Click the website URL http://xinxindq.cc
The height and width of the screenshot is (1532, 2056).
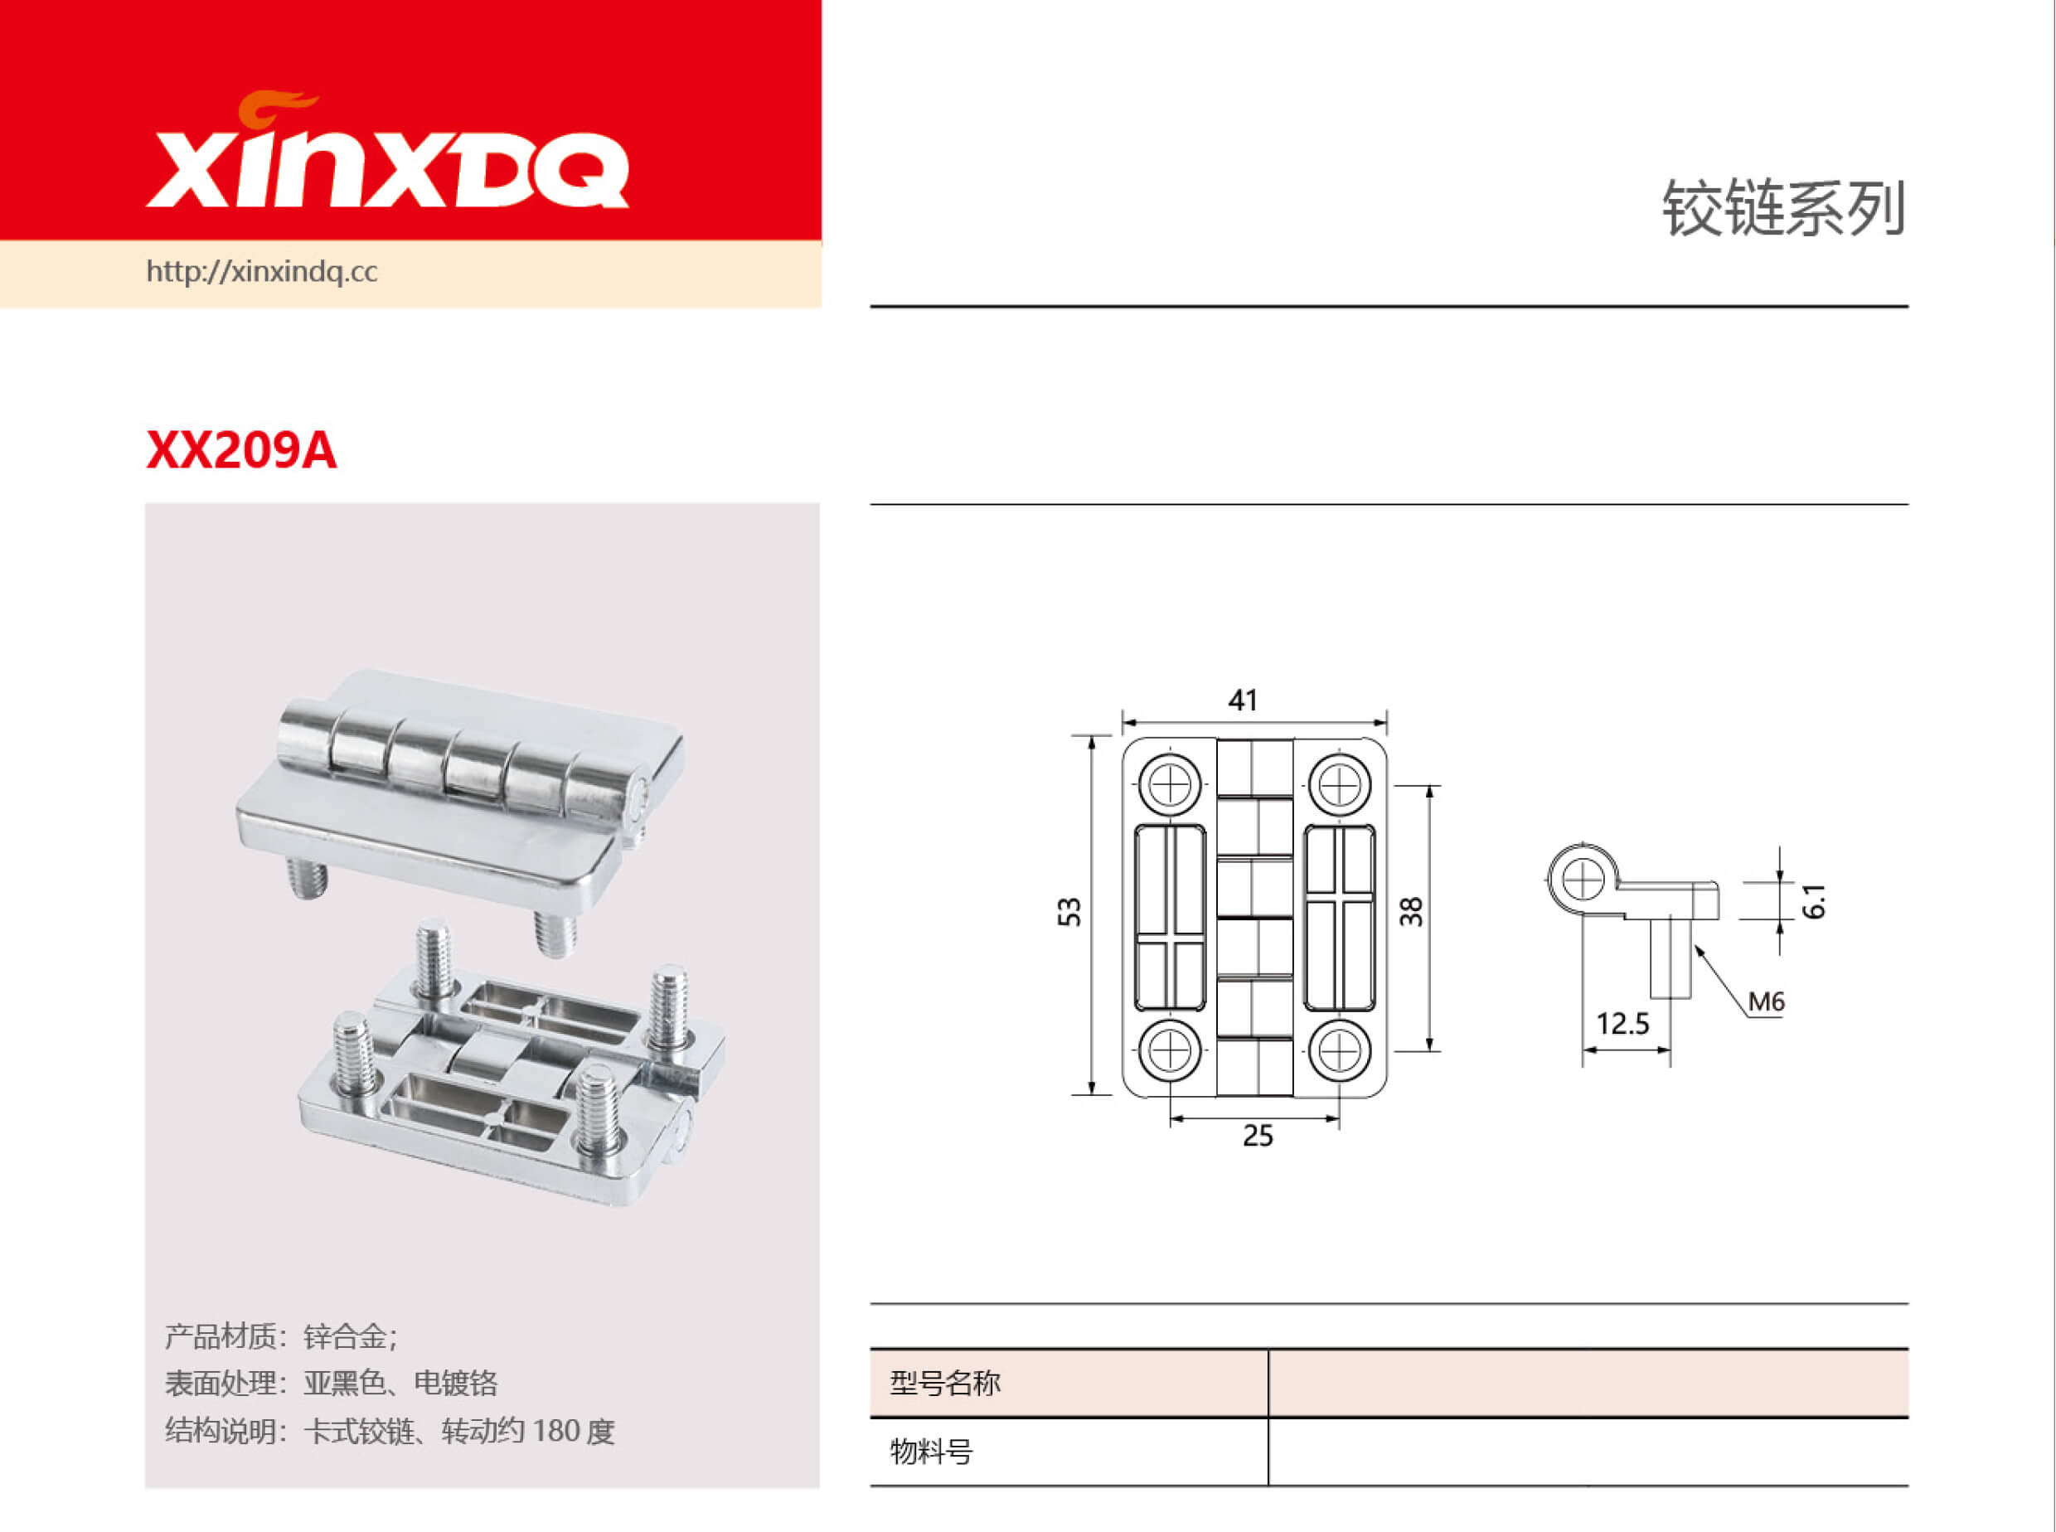click(x=261, y=272)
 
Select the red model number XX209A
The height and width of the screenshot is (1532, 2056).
click(x=241, y=451)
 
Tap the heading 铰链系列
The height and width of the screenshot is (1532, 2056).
click(x=1782, y=208)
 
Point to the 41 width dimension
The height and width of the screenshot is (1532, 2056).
click(x=1243, y=701)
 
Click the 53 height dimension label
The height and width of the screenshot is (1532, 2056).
click(x=1069, y=912)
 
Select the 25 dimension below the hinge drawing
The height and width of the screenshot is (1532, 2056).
click(x=1258, y=1135)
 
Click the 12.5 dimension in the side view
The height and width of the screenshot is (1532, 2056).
click(x=1622, y=1024)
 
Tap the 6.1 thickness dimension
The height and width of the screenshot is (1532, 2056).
click(x=1815, y=900)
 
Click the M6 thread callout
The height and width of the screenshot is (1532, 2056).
click(x=1766, y=1001)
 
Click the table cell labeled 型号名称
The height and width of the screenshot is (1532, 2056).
click(x=945, y=1383)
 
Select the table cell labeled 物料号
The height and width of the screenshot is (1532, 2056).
click(x=931, y=1452)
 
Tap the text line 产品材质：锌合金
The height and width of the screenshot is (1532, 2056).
click(x=281, y=1336)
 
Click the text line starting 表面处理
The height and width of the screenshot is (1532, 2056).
click(x=331, y=1383)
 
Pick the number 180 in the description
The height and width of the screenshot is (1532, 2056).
click(x=556, y=1431)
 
